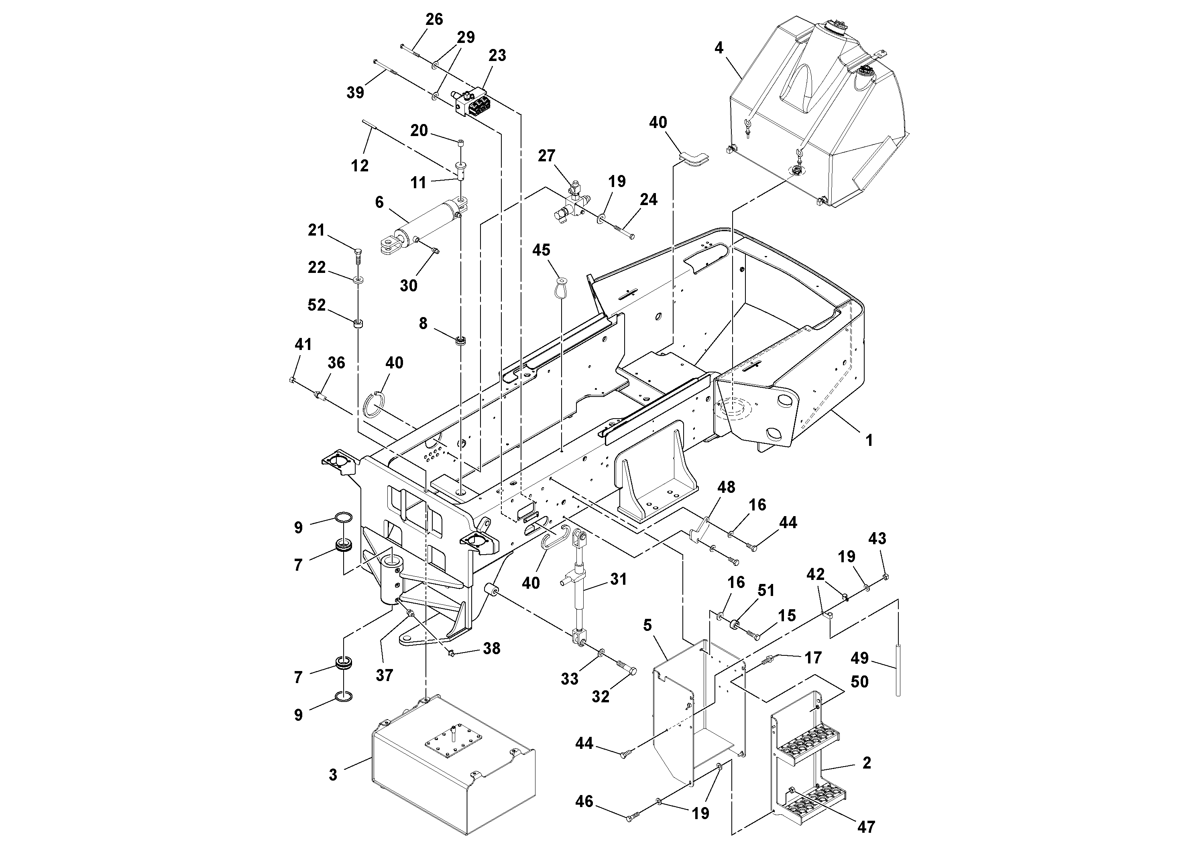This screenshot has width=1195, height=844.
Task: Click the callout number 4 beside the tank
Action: (x=719, y=48)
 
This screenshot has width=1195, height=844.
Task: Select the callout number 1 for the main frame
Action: (x=869, y=440)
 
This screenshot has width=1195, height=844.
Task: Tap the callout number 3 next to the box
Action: (x=333, y=775)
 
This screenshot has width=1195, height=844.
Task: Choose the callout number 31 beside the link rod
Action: (x=619, y=579)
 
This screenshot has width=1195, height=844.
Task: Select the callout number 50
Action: (x=859, y=681)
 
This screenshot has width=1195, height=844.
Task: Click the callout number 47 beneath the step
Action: (x=866, y=826)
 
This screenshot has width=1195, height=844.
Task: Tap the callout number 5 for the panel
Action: (x=647, y=625)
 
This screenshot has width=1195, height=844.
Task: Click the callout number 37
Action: (x=384, y=675)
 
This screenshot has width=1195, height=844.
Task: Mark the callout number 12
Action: (x=360, y=165)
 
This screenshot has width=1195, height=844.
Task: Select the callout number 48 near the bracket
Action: (x=726, y=487)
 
